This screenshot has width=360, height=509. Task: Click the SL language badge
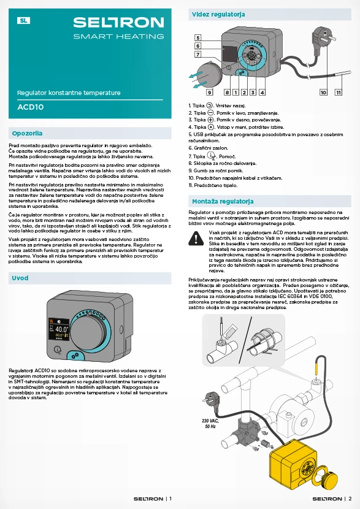pyautogui.click(x=23, y=21)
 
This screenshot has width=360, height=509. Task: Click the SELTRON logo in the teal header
pyautogui.click(x=118, y=23)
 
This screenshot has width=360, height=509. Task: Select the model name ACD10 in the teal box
pyautogui.click(x=31, y=107)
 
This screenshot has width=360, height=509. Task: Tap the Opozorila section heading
pyautogui.click(x=27, y=134)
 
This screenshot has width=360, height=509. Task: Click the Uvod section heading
pyautogui.click(x=20, y=278)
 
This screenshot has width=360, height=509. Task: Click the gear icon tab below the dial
pyautogui.click(x=75, y=356)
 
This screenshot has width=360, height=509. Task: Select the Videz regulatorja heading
pyautogui.click(x=218, y=14)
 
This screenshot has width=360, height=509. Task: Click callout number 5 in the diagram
pyautogui.click(x=197, y=37)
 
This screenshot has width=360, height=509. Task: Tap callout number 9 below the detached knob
pyautogui.click(x=210, y=92)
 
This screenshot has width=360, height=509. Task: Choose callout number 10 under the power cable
pyautogui.click(x=323, y=92)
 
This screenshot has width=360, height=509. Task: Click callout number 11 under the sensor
pyautogui.click(x=339, y=92)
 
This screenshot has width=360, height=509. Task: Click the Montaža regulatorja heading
pyautogui.click(x=223, y=202)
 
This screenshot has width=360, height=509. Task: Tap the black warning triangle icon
pyautogui.click(x=196, y=238)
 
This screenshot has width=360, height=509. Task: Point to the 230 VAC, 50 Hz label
pyautogui.click(x=210, y=424)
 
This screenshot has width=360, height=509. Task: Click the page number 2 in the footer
pyautogui.click(x=350, y=499)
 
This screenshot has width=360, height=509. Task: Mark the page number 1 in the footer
pyautogui.click(x=170, y=499)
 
